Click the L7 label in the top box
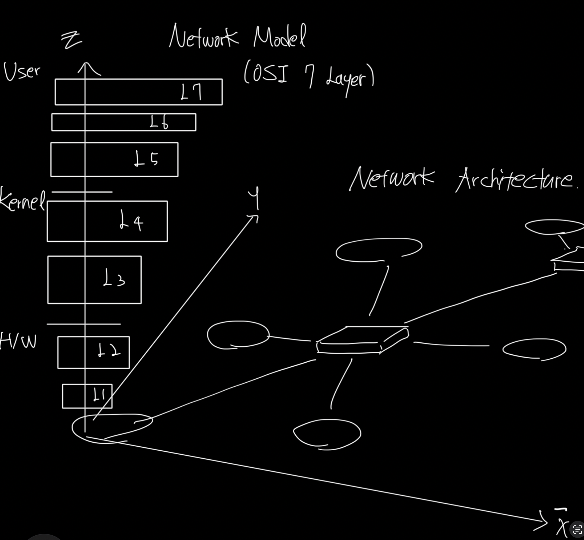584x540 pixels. (191, 92)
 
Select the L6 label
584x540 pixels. (159, 123)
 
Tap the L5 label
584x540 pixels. (146, 159)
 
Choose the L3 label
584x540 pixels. (114, 279)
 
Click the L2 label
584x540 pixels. (109, 351)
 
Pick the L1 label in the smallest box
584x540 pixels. (99, 395)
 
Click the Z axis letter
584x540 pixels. (72, 41)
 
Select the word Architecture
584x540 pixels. (515, 180)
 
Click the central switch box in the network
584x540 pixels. (362, 339)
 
